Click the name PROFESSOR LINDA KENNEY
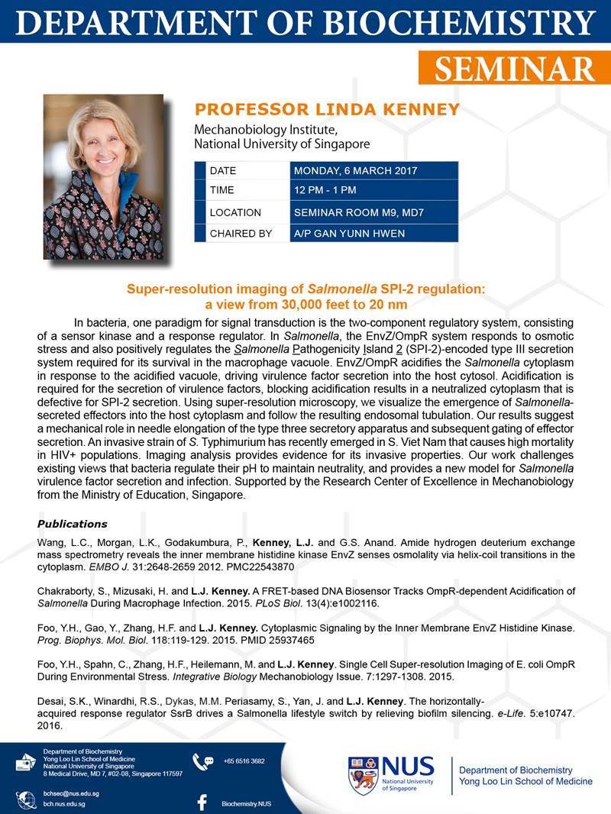coord(327,110)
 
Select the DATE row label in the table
coord(223,170)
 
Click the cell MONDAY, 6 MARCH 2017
coord(357,170)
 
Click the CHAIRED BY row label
coord(241,233)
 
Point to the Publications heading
coord(72,524)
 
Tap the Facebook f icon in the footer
coord(202,803)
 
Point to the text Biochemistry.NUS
coord(246,804)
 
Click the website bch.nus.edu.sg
coord(64,804)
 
